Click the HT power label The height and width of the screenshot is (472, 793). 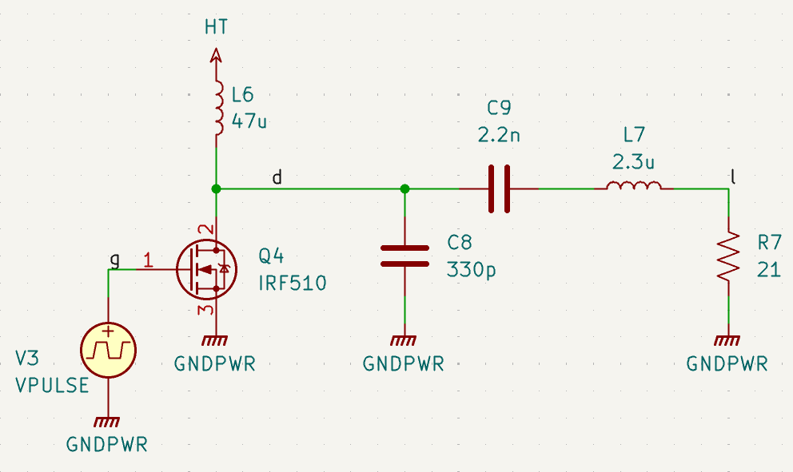(x=216, y=27)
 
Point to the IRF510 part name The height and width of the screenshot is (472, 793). (x=292, y=283)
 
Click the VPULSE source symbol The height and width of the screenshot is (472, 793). (x=108, y=349)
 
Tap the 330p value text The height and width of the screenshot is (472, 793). (x=471, y=269)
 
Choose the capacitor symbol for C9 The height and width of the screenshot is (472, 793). (x=499, y=188)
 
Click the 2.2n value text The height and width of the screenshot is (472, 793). (x=499, y=135)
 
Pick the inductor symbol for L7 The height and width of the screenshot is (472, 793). (x=633, y=188)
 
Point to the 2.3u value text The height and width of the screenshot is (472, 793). (x=633, y=162)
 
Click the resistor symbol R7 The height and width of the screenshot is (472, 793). (x=728, y=256)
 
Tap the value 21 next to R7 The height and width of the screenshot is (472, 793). (x=768, y=269)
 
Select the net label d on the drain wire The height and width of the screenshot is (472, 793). (x=277, y=177)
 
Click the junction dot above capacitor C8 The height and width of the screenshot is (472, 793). (x=404, y=188)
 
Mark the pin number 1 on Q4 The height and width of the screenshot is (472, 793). (x=148, y=259)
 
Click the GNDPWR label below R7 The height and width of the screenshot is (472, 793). (x=727, y=364)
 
